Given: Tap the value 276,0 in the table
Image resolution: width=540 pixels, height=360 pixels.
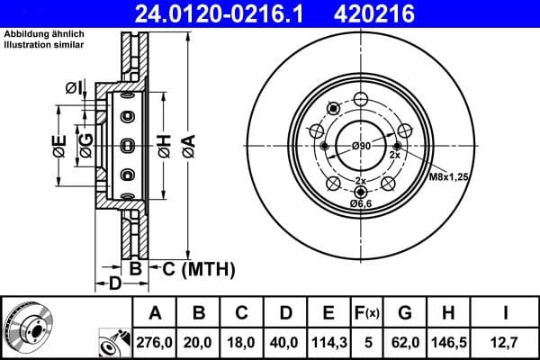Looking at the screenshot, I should (155, 342).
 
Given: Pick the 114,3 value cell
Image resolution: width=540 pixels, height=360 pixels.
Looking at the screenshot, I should (328, 342).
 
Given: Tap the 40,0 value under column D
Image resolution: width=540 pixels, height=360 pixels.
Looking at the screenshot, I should (285, 342).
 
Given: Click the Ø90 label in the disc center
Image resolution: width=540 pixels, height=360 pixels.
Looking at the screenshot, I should (361, 147).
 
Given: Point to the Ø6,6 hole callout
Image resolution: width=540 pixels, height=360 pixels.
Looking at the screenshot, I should (361, 204).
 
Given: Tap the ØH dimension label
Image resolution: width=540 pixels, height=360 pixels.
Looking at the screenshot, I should (164, 144).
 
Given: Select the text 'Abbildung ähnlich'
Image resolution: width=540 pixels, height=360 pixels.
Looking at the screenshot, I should (44, 33).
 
